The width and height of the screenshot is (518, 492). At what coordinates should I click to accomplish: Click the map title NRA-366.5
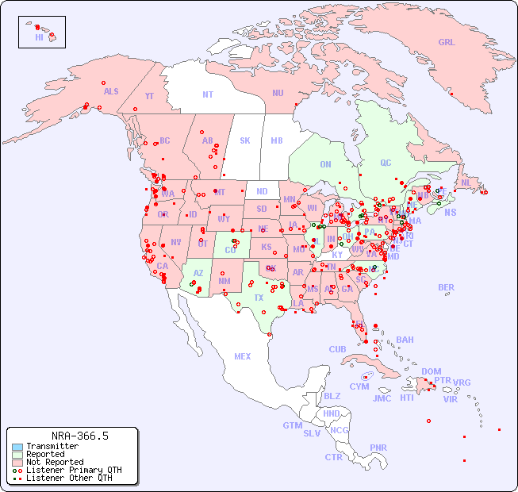click(x=79, y=436)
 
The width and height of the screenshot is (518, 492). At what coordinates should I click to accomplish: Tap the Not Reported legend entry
click(x=54, y=462)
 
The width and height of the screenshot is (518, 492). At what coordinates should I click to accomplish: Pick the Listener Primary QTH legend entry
click(x=73, y=470)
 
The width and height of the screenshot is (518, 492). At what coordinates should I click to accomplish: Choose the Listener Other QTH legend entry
click(x=68, y=478)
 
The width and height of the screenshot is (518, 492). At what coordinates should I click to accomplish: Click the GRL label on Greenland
click(x=447, y=43)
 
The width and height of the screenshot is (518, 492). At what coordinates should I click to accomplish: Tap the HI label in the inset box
click(x=39, y=37)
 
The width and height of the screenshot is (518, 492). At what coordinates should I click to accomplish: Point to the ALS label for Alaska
click(x=111, y=92)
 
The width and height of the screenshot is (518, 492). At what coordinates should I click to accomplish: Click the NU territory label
click(x=278, y=94)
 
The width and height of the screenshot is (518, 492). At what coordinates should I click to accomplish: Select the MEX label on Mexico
click(x=243, y=357)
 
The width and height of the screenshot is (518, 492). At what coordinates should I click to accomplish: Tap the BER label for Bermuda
click(x=447, y=288)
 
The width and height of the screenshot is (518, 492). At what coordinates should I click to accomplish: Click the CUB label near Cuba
click(x=337, y=350)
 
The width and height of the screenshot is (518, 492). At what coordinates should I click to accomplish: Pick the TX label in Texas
click(x=259, y=298)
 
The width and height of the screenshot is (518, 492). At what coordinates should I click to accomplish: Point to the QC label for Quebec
click(x=386, y=163)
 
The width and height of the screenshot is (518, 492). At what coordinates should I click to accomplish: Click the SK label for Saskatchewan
click(x=245, y=141)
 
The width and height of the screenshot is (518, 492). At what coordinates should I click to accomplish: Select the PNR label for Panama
click(x=378, y=448)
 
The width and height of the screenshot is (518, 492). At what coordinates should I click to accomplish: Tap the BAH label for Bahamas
click(x=405, y=340)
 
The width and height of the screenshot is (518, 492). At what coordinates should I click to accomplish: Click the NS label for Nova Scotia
click(x=450, y=213)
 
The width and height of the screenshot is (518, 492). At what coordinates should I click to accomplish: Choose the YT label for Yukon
click(x=149, y=96)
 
